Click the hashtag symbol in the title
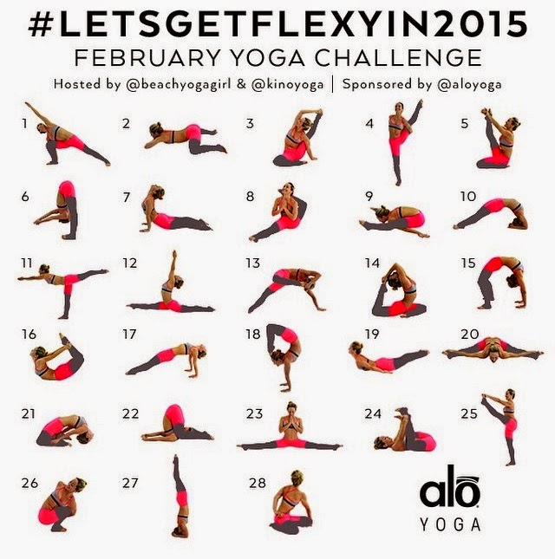click(41, 24)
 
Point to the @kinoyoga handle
click(288, 85)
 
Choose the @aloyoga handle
click(469, 85)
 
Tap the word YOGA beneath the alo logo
click(450, 524)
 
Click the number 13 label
click(252, 263)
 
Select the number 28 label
click(258, 483)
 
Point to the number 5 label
click(465, 123)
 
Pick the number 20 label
click(470, 334)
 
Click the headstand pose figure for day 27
click(180, 497)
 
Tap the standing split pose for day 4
click(403, 143)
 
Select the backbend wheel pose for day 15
click(501, 283)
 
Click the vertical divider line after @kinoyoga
click(332, 85)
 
